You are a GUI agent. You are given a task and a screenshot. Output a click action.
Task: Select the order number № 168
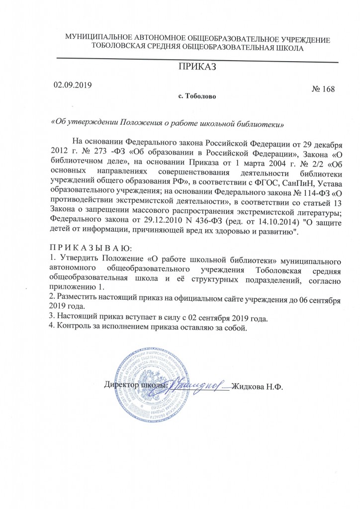pyautogui.click(x=323, y=89)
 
